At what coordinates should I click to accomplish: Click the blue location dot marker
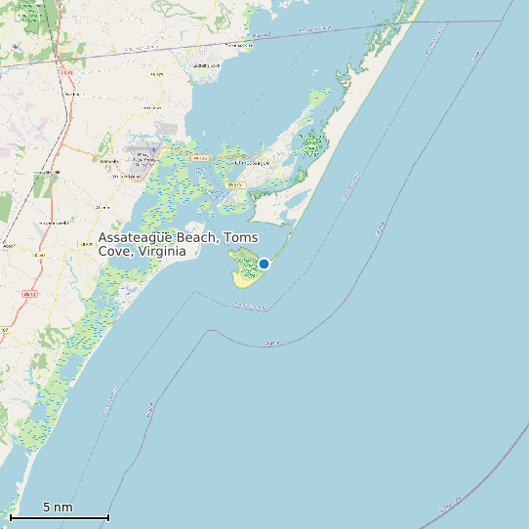[264, 264]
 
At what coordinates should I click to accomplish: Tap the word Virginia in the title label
[162, 252]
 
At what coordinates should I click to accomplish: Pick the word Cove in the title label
[115, 252]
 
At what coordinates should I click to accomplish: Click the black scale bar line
[59, 517]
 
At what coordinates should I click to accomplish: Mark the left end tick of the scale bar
[11, 517]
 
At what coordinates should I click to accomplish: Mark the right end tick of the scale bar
[107, 517]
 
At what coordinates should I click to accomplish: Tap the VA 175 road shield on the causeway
[201, 157]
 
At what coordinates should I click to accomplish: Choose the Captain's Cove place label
[207, 65]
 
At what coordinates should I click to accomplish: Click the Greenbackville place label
[238, 45]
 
